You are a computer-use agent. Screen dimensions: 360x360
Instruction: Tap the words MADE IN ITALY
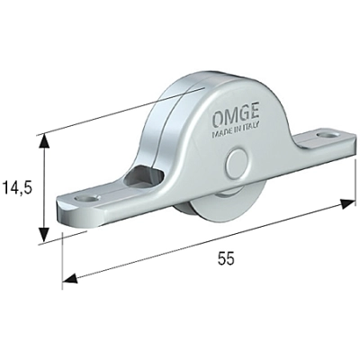238,135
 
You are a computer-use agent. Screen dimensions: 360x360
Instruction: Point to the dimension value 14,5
21,187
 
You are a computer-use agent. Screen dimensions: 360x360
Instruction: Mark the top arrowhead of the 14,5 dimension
42,139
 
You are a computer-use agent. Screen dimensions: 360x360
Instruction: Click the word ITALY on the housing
252,134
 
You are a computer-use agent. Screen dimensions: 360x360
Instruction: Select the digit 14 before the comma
12,187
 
